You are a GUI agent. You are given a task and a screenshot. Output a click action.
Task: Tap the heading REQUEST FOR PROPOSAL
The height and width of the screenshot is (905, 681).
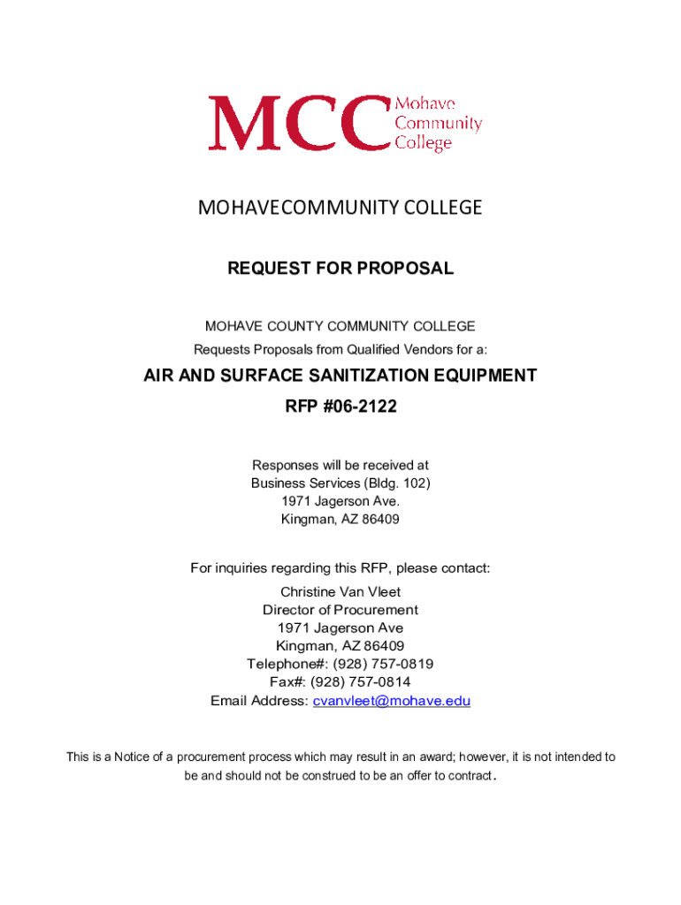pos(340,268)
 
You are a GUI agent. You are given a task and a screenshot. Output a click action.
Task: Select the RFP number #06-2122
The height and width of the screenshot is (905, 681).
pos(359,408)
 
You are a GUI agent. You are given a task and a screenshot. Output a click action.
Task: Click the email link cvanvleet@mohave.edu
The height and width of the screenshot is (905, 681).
pos(392,701)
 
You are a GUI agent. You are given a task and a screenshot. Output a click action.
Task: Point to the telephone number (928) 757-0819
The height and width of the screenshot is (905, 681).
pos(383,664)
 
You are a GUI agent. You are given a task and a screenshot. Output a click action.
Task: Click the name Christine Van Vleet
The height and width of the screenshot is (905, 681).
pos(340,591)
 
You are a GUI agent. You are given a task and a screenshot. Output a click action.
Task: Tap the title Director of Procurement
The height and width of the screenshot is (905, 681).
pos(340,610)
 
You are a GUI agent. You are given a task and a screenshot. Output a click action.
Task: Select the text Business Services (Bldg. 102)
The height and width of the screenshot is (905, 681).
pos(340,483)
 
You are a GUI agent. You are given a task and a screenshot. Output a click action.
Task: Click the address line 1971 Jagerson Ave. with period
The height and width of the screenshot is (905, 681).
pos(340,501)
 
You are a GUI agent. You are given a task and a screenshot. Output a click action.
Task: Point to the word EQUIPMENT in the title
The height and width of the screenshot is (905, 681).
pos(485,376)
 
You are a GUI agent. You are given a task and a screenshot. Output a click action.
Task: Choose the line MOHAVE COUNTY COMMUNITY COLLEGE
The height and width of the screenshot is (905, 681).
pos(340,326)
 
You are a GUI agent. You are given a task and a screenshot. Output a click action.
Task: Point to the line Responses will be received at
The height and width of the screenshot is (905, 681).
pos(340,465)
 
